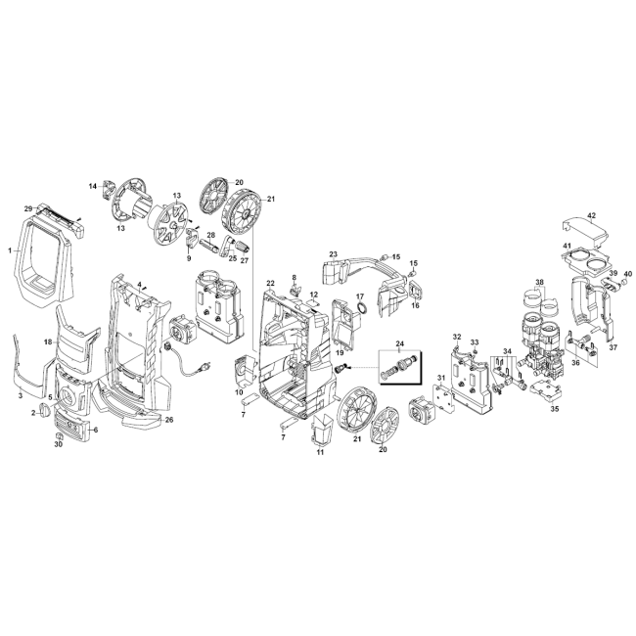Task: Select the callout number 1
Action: [10, 250]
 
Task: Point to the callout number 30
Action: [59, 444]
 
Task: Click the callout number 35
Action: [555, 409]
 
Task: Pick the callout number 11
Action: [320, 452]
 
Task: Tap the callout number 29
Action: [28, 208]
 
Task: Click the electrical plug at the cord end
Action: [204, 367]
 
